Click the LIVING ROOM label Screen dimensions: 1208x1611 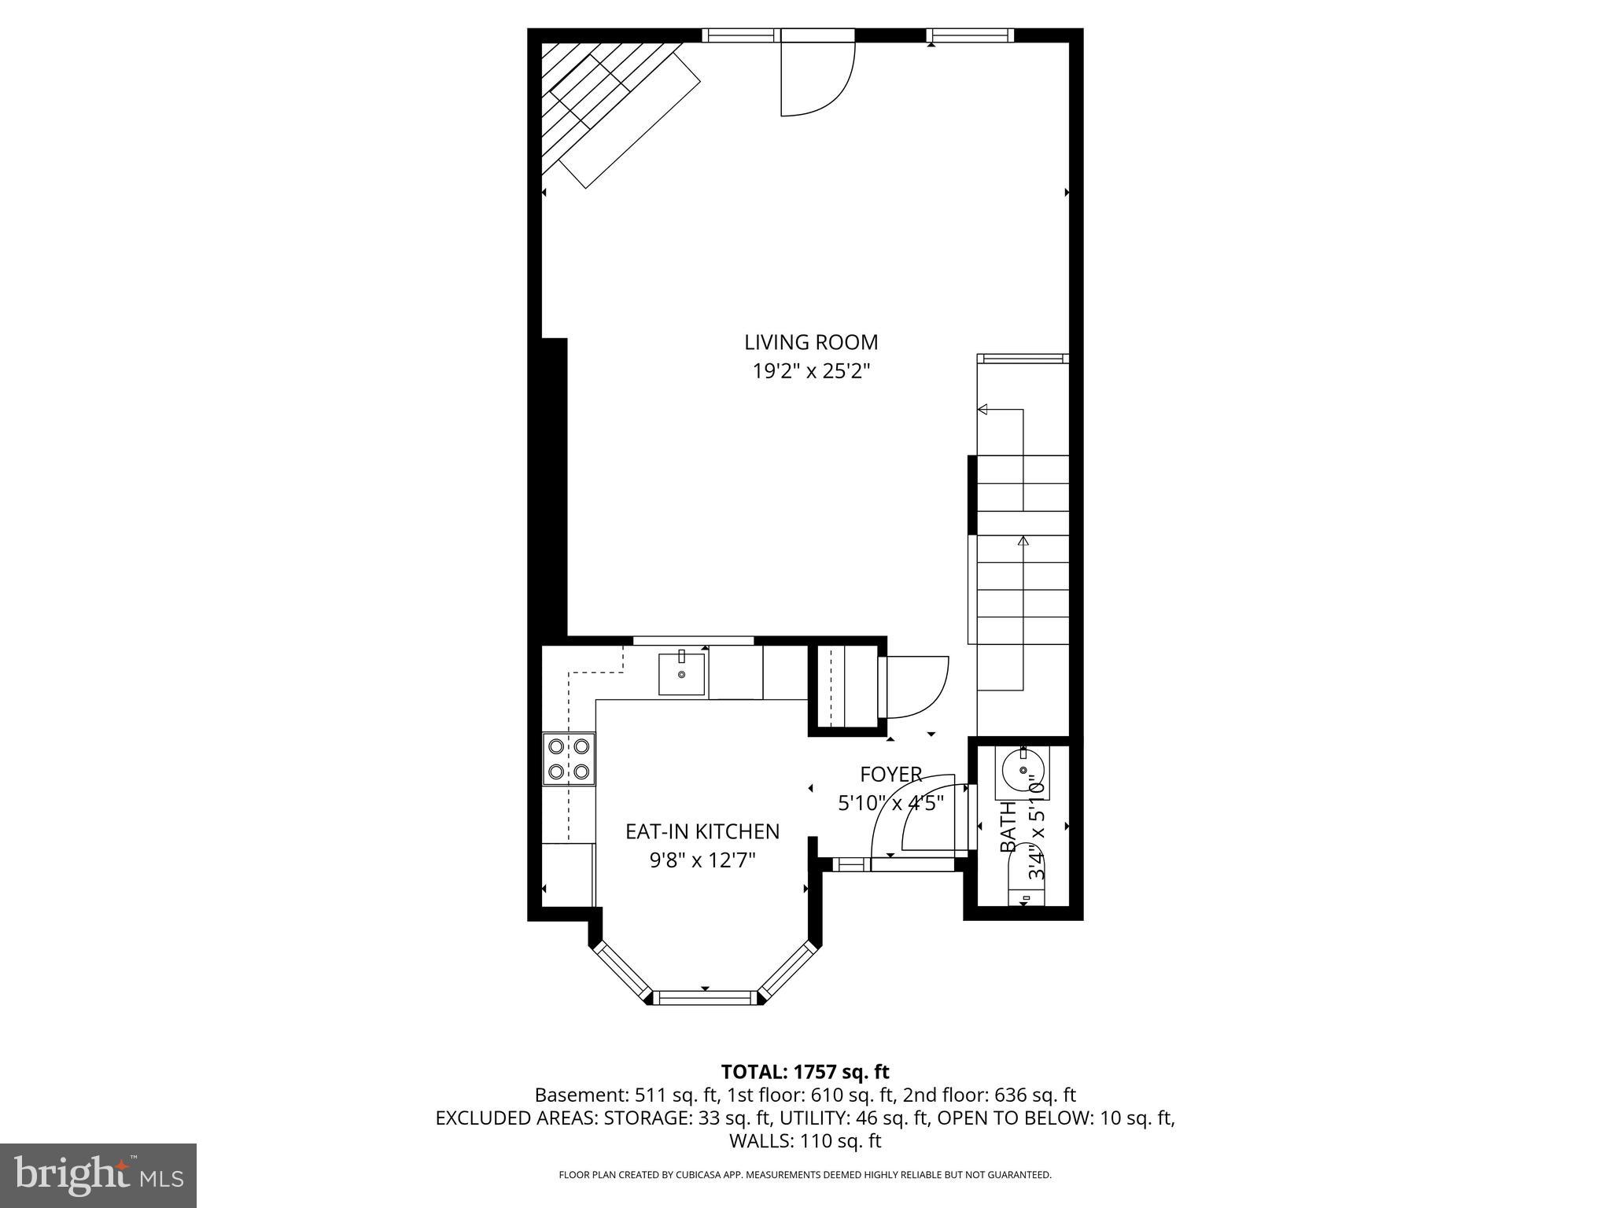[811, 342]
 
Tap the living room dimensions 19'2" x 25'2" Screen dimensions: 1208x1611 [811, 371]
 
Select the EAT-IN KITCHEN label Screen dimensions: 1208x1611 [702, 831]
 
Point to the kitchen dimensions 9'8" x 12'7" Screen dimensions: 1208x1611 [702, 860]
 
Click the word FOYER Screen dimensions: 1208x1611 [890, 775]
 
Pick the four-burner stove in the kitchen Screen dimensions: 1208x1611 [569, 759]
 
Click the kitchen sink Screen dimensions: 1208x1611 [681, 673]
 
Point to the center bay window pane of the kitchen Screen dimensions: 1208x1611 [706, 997]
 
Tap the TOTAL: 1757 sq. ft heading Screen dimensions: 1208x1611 [805, 1072]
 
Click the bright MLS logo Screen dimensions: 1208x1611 [98, 1175]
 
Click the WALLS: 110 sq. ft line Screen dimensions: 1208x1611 [805, 1140]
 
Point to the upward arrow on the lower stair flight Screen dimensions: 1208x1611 [1023, 541]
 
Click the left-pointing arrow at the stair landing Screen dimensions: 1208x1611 [982, 409]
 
